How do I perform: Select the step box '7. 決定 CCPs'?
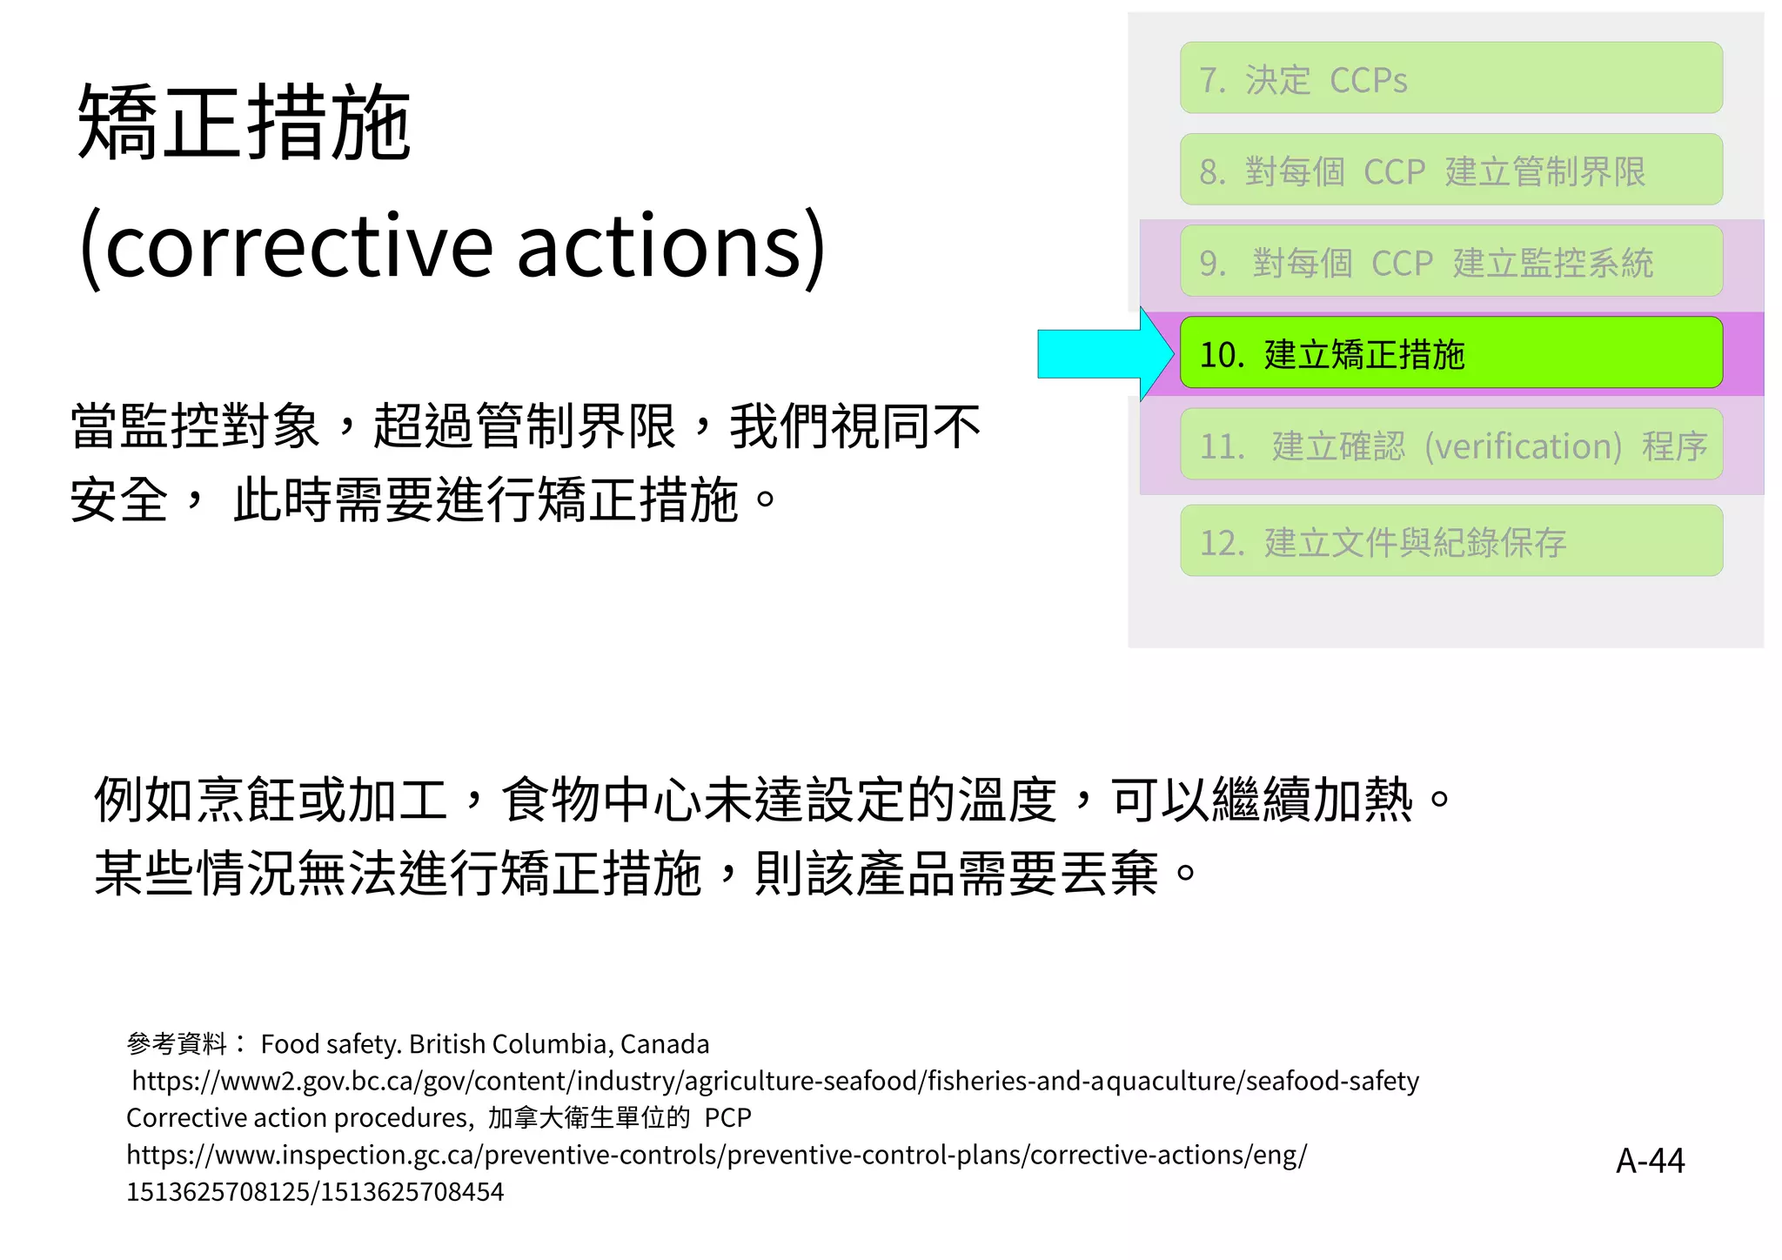tap(1450, 78)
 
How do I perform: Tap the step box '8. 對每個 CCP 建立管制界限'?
tap(1450, 170)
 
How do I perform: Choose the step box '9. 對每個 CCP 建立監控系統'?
tap(1450, 262)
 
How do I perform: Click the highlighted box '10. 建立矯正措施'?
tap(1450, 353)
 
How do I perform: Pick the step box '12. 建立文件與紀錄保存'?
tap(1450, 541)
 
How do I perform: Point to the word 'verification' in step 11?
tap(1523, 446)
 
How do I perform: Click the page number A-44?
tap(1650, 1161)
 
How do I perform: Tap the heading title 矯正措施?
tap(245, 124)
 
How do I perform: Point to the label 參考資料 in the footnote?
tap(177, 1043)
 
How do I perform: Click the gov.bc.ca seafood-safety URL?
tap(774, 1081)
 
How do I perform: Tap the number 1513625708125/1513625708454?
tap(315, 1191)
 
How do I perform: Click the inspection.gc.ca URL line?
tap(716, 1155)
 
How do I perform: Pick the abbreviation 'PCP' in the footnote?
tap(727, 1117)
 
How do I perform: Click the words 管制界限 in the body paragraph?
tap(576, 427)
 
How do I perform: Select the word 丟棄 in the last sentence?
tap(1109, 874)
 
